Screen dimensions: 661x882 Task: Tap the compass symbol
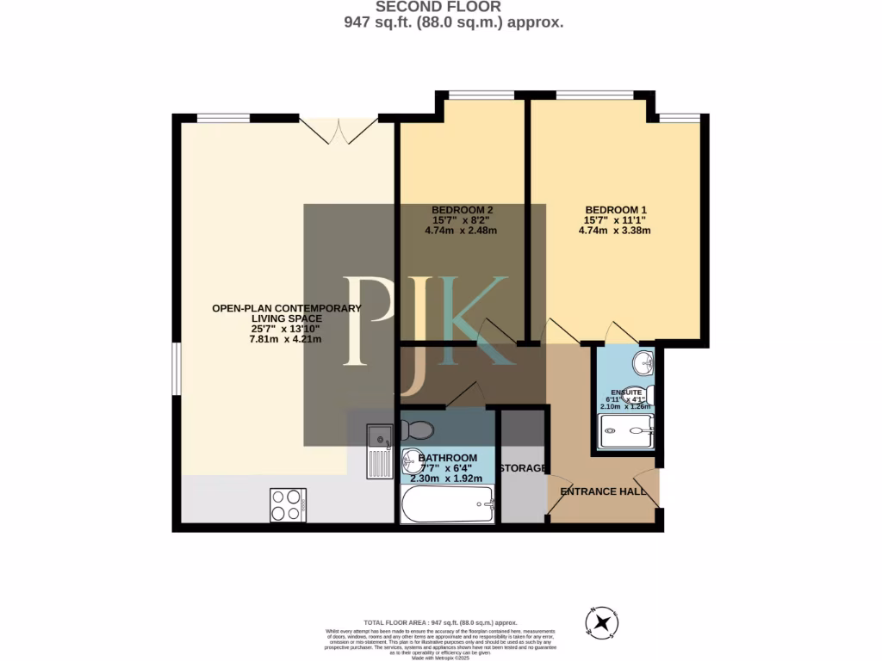[601, 621]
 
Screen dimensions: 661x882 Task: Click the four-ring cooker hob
[288, 504]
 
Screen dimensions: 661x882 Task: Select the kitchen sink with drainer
[379, 451]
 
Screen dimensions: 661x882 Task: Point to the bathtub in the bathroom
[447, 503]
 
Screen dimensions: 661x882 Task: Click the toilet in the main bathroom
[418, 429]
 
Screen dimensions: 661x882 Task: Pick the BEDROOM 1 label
[615, 210]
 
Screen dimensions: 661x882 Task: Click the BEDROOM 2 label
[462, 210]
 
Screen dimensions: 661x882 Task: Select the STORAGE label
[524, 468]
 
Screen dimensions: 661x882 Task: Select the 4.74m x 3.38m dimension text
[615, 231]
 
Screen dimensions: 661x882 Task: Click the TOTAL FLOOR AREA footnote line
[440, 621]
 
